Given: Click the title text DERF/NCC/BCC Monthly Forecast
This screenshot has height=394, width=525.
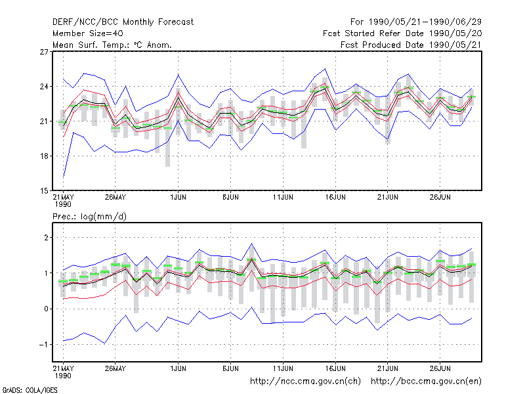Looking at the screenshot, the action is click(123, 22).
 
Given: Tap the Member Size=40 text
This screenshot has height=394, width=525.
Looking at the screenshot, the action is click(88, 33).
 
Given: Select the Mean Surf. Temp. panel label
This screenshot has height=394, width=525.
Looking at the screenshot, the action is click(112, 45).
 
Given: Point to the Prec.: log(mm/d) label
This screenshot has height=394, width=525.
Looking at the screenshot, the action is click(89, 217).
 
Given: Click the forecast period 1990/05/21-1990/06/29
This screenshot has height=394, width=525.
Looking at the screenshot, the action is click(416, 22).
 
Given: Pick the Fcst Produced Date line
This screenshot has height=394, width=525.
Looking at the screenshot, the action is click(411, 45).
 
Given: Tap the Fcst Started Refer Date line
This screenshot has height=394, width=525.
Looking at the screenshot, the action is click(402, 33).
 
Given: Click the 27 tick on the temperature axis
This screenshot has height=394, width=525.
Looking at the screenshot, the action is click(44, 52).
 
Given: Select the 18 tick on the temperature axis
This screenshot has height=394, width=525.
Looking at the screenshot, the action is click(44, 156).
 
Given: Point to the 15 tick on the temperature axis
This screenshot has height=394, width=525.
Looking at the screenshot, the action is click(44, 191).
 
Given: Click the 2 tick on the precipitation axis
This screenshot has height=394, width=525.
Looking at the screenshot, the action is click(46, 238).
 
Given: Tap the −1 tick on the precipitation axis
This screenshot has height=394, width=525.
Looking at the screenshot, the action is click(44, 344).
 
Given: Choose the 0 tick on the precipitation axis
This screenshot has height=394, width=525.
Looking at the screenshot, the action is click(46, 309).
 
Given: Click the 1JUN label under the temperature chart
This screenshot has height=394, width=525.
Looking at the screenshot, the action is click(178, 197).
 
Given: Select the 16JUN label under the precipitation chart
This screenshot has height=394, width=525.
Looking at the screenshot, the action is click(335, 368).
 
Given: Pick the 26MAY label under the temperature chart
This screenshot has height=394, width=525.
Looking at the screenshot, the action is click(115, 197).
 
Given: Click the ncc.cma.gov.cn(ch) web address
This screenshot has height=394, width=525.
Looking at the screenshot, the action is click(305, 382).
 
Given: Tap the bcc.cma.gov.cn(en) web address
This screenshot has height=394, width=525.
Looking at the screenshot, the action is click(426, 382).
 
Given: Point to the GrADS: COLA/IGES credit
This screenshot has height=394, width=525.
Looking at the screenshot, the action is click(30, 390).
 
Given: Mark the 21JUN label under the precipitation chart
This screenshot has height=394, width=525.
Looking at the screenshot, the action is click(388, 368).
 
